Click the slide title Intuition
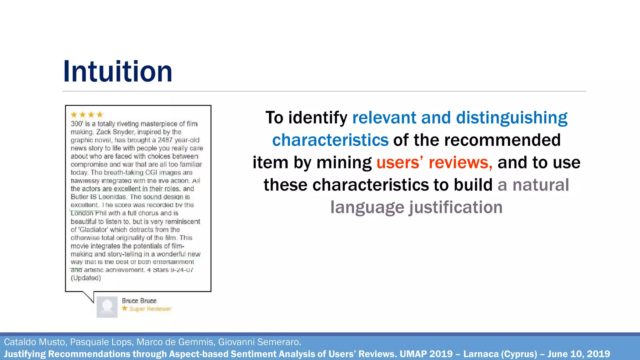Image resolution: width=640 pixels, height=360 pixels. (117, 72)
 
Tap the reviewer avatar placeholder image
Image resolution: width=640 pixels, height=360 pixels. (107, 307)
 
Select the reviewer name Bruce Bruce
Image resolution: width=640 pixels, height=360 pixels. (139, 301)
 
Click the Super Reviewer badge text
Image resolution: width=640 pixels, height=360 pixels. (150, 309)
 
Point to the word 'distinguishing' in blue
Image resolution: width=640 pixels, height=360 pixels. (512, 118)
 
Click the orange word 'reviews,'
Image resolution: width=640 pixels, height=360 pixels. (460, 162)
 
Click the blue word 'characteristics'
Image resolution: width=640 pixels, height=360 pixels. (330, 140)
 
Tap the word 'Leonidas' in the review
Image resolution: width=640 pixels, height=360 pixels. (112, 197)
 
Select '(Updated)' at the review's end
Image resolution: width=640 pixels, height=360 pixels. (86, 278)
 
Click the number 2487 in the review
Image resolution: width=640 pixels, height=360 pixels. (165, 140)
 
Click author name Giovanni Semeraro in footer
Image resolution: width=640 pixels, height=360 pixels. (259, 342)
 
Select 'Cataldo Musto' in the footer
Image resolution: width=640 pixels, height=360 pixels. (35, 342)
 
